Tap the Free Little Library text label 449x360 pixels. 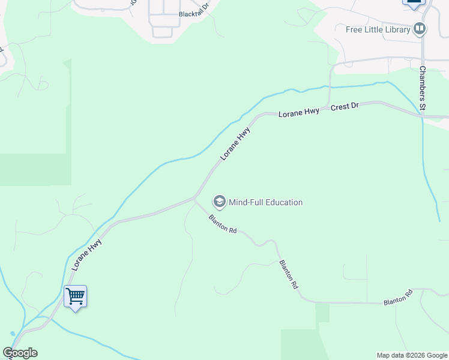(378, 29)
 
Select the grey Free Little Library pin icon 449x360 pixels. (420, 28)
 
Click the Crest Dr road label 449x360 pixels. (345, 107)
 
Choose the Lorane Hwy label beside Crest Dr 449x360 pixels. (298, 112)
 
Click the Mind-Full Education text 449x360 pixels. (265, 202)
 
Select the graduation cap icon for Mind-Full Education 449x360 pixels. (220, 202)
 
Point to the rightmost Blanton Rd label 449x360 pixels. (399, 297)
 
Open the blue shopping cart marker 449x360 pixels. (75, 296)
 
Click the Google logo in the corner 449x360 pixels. (20, 353)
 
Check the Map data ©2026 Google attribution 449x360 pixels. (412, 355)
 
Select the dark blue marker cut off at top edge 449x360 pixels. (413, 2)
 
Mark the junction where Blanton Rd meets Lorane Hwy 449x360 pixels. (194, 197)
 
